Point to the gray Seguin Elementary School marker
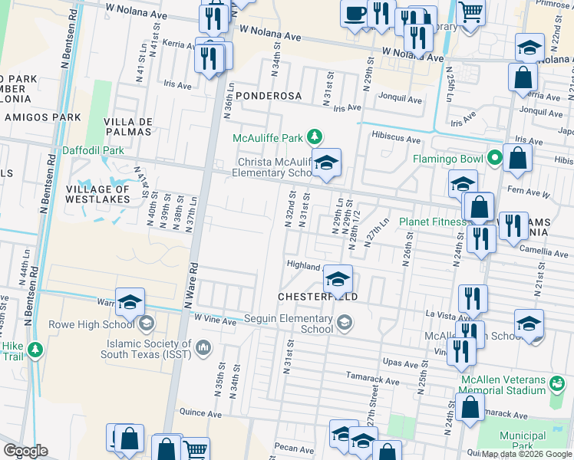coord(345,323)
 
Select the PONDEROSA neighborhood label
coord(263,96)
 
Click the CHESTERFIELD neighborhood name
coord(318,296)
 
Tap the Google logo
coord(25,450)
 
